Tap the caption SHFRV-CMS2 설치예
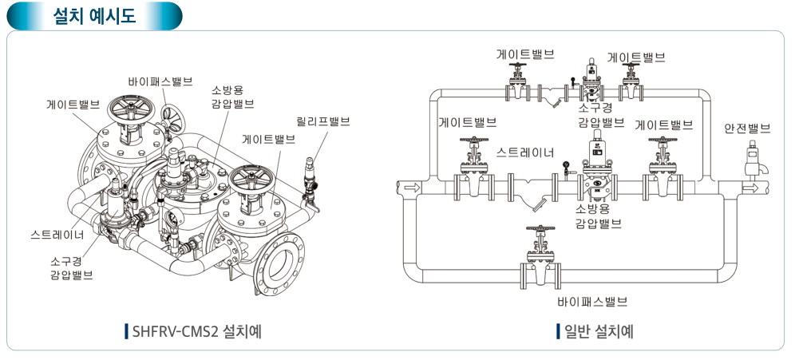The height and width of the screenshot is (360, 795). coord(195,330)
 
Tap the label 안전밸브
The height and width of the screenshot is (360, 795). coord(747,128)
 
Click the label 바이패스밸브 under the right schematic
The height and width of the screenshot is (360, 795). coord(592,302)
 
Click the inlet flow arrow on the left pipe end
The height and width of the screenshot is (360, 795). coord(409,188)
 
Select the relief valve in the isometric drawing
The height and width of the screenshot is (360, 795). coord(309,173)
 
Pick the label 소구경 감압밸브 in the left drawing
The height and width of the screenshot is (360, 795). coord(70,267)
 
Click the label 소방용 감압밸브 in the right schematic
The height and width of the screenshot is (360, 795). coord(598,216)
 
